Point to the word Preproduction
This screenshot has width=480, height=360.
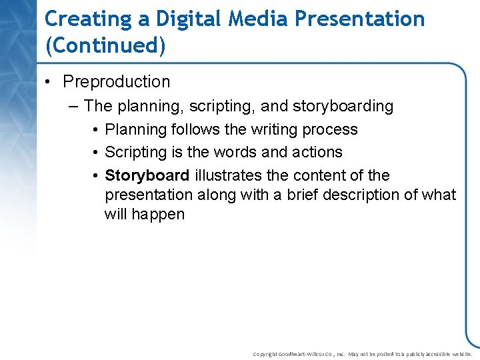tap(117, 82)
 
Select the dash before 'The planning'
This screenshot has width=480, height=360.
tap(73, 106)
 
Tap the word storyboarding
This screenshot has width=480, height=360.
tap(343, 106)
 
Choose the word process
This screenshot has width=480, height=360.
tap(332, 129)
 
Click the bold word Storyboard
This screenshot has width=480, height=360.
tap(147, 175)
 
